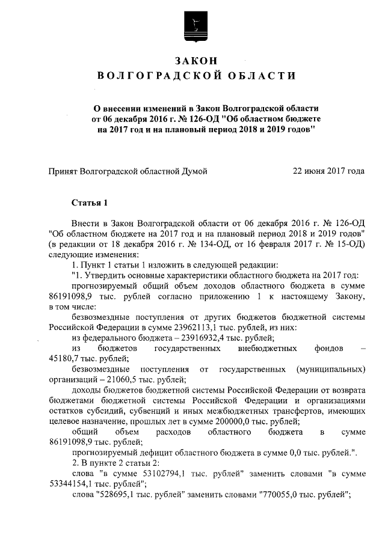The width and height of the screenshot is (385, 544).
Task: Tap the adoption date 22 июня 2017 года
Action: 328,171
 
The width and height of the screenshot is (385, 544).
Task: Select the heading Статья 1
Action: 89,201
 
